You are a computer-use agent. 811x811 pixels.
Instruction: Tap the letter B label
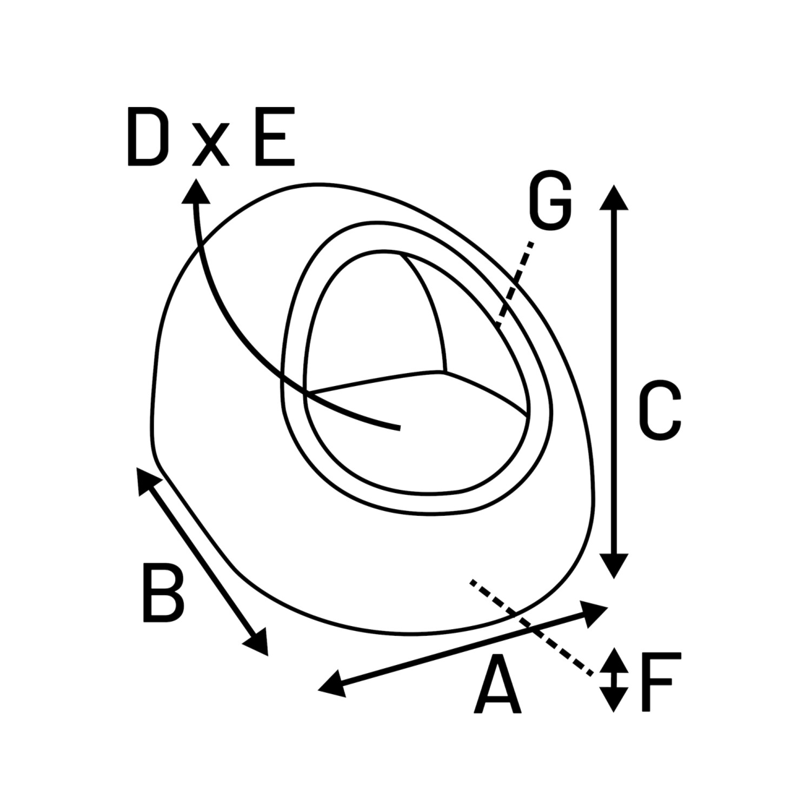[163, 593]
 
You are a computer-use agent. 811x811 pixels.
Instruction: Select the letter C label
[659, 411]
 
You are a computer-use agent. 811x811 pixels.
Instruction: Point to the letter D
[145, 137]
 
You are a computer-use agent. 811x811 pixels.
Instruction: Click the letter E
[275, 137]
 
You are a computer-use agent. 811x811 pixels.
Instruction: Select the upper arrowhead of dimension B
[146, 480]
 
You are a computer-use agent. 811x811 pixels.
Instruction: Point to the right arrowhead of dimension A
[595, 613]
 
